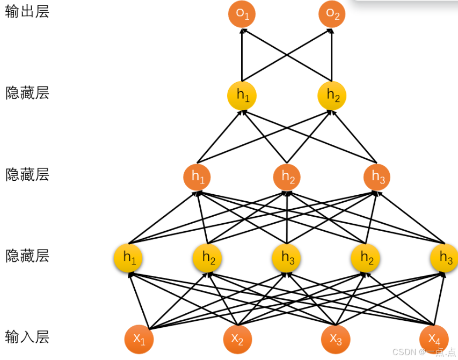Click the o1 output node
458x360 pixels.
(242, 14)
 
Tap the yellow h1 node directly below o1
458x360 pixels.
(242, 95)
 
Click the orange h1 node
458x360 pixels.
(197, 177)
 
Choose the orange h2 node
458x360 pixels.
(287, 177)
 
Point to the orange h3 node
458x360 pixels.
(377, 177)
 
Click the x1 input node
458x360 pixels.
(139, 339)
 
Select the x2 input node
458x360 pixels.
(237, 339)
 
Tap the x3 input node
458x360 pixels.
(336, 339)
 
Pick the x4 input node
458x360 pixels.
(434, 339)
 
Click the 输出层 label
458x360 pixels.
(27, 12)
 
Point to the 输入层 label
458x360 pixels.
(27, 337)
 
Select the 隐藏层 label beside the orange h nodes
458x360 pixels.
(27, 174)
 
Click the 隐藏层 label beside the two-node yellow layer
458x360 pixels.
(27, 93)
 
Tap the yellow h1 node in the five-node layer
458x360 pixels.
(128, 258)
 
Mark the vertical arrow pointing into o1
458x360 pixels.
(242, 54)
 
